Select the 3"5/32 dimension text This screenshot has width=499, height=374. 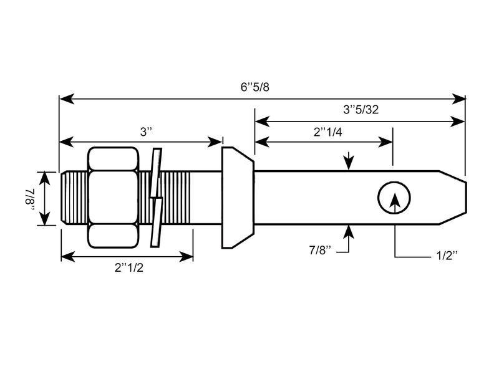pyautogui.click(x=361, y=109)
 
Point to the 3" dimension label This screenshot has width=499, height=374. pyautogui.click(x=146, y=132)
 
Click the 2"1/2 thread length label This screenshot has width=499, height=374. pyautogui.click(x=127, y=267)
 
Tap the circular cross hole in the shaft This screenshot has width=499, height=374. pyautogui.click(x=394, y=198)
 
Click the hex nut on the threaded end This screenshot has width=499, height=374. pyautogui.click(x=113, y=197)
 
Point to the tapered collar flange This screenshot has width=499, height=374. pyautogui.click(x=238, y=197)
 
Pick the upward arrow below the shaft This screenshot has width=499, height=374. pyautogui.click(x=349, y=231)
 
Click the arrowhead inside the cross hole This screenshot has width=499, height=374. pyautogui.click(x=394, y=199)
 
